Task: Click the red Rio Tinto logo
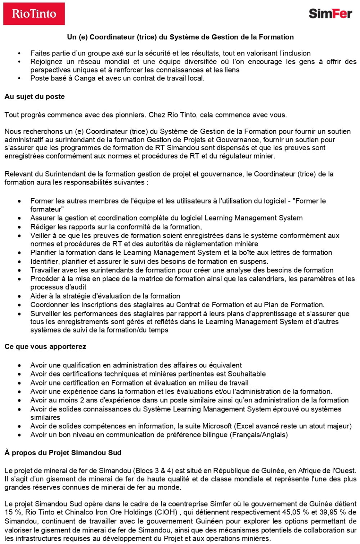[x=34, y=14]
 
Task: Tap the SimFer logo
[x=330, y=14]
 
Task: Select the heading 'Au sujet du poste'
[x=35, y=97]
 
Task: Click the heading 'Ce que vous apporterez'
[x=45, y=347]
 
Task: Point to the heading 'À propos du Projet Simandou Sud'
[x=63, y=452]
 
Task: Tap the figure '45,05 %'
[x=284, y=512]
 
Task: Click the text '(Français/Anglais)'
[x=259, y=434]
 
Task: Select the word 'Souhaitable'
[x=247, y=374]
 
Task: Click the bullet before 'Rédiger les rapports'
[x=19, y=227]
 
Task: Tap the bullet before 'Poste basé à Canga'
[x=19, y=78]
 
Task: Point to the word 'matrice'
[x=113, y=278]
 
